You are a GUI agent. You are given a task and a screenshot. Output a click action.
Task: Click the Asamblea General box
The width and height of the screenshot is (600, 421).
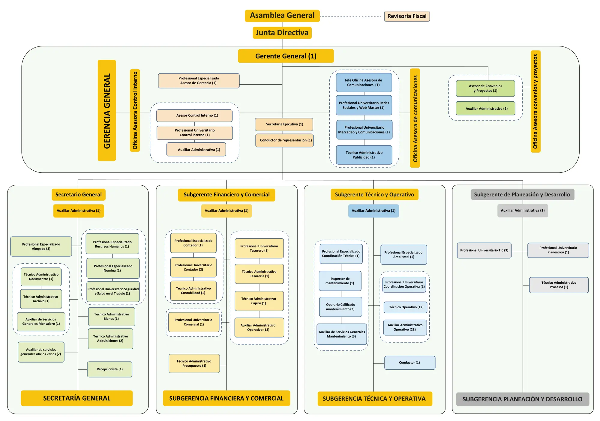click(282, 16)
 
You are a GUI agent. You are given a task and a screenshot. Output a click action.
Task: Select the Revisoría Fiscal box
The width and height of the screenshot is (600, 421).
click(407, 16)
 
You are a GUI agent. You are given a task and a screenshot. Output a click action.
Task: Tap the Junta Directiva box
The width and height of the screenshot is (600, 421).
click(282, 33)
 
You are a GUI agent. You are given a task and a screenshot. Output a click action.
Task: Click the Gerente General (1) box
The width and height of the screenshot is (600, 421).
click(286, 56)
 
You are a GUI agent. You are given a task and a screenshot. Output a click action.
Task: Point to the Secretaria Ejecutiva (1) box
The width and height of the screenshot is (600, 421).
click(284, 124)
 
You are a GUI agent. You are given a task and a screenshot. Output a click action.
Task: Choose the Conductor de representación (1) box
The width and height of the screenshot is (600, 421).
click(284, 140)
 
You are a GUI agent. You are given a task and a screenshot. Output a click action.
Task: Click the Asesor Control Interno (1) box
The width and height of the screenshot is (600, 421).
click(194, 115)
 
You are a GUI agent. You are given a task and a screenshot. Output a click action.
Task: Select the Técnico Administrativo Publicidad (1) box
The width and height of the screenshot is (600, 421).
click(364, 155)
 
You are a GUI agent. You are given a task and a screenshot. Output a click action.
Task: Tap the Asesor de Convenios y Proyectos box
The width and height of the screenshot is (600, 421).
click(485, 88)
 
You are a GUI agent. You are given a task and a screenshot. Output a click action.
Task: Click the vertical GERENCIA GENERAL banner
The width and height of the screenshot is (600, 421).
click(107, 110)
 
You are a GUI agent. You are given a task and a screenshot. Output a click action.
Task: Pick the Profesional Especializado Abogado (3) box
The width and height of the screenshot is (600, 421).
click(41, 246)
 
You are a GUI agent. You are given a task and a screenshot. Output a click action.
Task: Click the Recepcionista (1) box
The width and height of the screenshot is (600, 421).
click(109, 369)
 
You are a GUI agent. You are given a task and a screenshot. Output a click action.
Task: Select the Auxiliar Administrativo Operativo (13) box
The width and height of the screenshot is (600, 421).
click(259, 327)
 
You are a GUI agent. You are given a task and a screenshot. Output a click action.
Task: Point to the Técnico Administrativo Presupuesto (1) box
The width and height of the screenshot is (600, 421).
click(194, 363)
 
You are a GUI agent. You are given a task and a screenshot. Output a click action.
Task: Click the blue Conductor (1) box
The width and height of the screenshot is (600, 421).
click(409, 363)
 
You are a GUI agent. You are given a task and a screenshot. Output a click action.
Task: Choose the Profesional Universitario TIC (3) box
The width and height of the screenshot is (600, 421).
click(484, 250)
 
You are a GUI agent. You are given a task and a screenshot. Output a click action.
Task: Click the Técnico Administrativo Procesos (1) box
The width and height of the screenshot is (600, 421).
click(559, 285)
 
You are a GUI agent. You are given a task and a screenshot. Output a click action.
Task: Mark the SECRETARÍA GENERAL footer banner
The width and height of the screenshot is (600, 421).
click(76, 398)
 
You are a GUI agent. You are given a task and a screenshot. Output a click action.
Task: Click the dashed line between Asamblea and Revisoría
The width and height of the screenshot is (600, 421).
click(351, 16)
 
